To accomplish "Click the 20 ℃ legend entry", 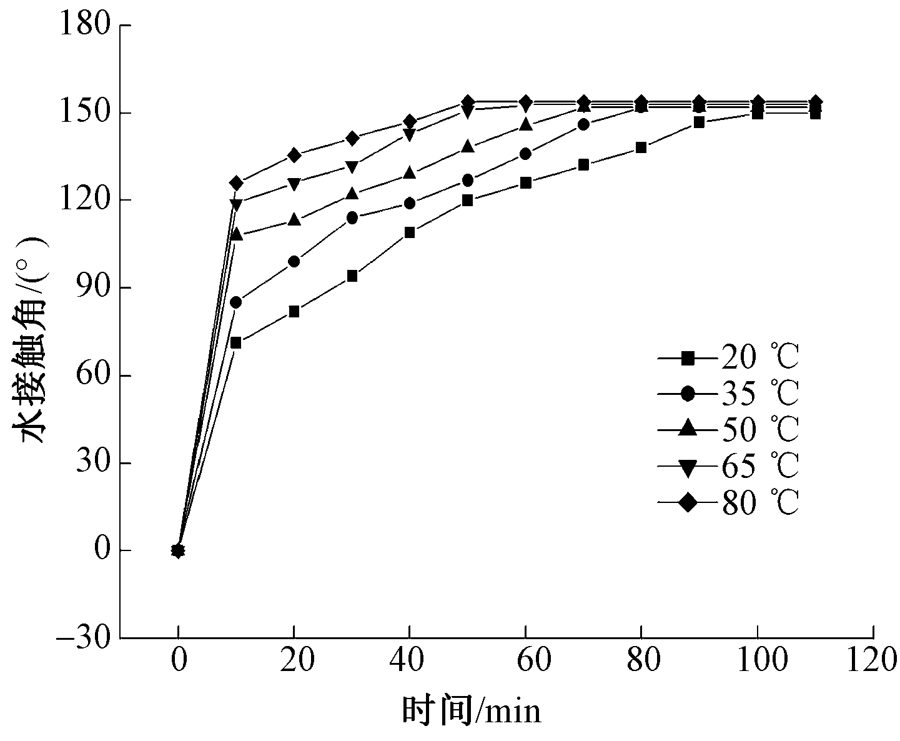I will pos(728,358).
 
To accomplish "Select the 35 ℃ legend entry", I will pos(728,394).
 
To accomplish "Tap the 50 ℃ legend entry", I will pos(728,429).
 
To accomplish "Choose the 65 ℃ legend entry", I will pos(728,465).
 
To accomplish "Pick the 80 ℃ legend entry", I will pos(728,502).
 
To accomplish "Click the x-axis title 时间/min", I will pos(472,711).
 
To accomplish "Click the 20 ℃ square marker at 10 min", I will pos(235,343).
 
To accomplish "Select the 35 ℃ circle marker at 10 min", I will pos(235,302).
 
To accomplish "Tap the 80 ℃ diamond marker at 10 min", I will pos(235,183).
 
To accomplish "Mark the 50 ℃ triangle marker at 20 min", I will pos(294,220).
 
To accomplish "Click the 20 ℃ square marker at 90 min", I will pos(699,122).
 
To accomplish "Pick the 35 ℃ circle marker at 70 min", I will pos(583,124).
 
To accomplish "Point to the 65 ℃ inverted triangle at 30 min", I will pos(352,166).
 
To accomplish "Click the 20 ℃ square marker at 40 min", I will pos(410,232).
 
